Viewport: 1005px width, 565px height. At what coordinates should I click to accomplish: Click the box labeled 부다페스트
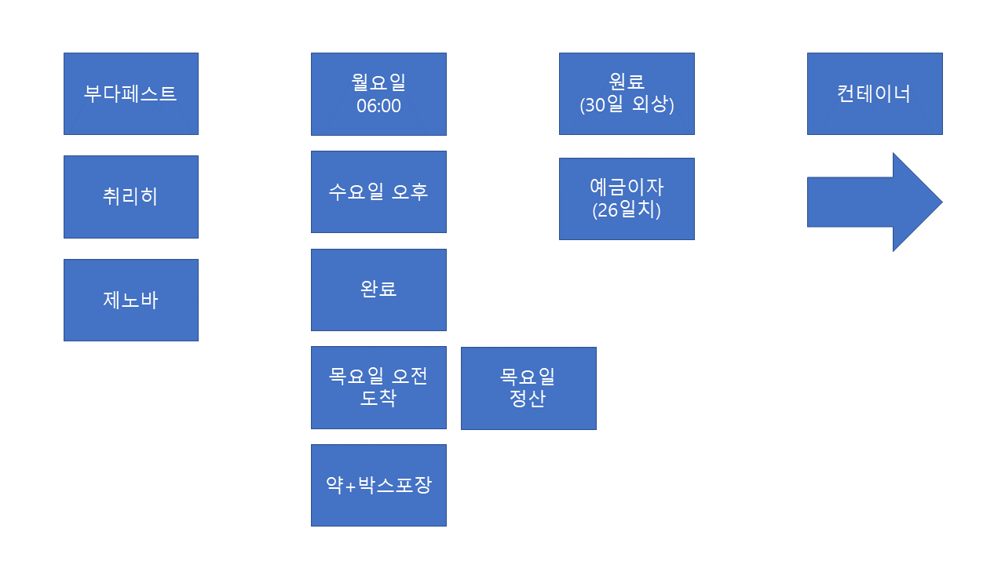(130, 94)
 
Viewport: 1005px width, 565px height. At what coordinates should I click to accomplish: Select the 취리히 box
(130, 196)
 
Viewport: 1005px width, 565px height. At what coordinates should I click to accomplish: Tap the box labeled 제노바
(130, 300)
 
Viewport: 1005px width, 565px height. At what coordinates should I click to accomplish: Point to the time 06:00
(378, 106)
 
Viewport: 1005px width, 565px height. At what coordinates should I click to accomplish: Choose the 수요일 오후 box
(378, 192)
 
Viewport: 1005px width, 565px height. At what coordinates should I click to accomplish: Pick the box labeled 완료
(378, 290)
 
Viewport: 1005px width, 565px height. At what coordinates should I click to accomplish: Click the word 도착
(378, 398)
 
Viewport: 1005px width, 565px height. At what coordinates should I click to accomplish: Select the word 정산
(528, 399)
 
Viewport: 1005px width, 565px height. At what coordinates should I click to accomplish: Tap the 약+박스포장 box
(378, 485)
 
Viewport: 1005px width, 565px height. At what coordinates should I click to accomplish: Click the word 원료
(627, 82)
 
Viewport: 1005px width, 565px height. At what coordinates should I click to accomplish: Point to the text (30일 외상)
(627, 105)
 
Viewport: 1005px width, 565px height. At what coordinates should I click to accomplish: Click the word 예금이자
(627, 188)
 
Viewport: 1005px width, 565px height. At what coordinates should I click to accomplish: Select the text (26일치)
(627, 210)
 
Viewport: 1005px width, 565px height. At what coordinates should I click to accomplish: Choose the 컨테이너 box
(874, 94)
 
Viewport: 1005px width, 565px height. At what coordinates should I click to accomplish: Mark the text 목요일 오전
(378, 377)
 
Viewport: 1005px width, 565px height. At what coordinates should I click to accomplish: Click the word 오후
(410, 192)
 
